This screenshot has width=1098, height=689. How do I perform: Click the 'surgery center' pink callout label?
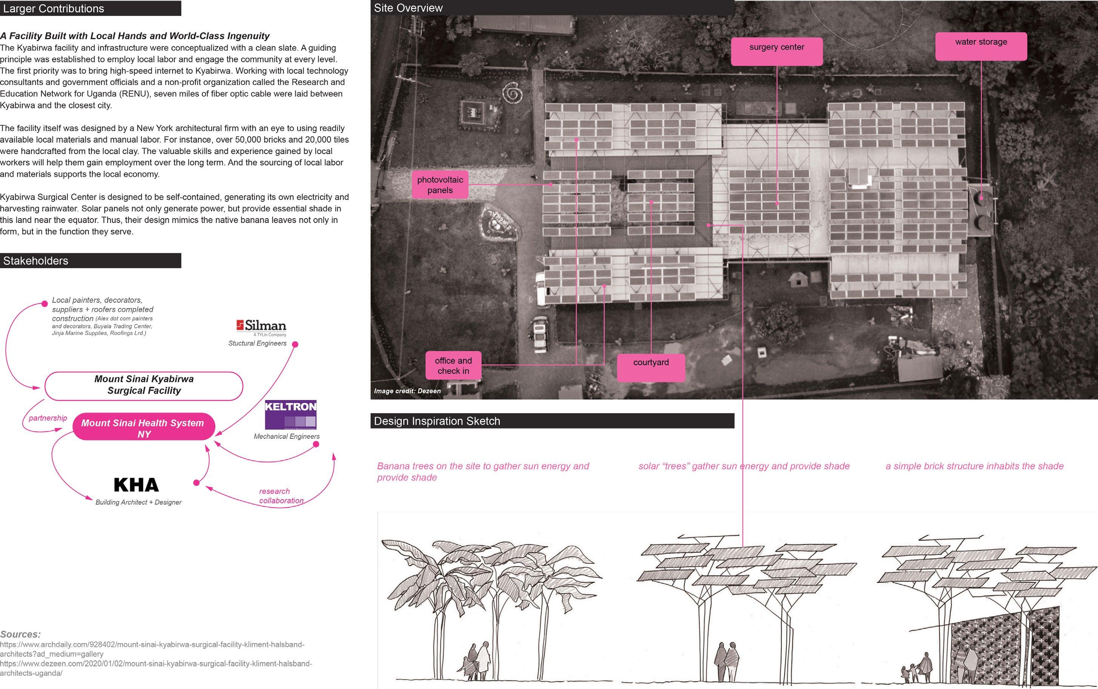777,51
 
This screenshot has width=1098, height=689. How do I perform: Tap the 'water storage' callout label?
981,46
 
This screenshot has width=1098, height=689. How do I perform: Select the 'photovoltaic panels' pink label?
439,185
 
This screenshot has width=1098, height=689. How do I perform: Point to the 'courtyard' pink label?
651,367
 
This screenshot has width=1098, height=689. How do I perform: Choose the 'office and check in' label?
453,366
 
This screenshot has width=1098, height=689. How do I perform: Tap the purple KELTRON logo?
290,414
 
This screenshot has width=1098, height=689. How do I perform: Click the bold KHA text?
136,485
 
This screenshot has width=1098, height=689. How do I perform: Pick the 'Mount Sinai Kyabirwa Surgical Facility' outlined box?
144,386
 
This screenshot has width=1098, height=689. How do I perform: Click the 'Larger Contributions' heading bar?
90,8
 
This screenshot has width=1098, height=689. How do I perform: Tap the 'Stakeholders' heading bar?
90,261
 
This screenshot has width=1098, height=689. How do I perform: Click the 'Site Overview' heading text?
408,8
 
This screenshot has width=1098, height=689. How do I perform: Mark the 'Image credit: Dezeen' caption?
407,391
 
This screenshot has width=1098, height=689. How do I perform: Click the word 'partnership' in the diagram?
48,418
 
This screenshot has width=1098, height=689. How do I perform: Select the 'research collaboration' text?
281,496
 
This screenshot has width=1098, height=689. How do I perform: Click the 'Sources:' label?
20,634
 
